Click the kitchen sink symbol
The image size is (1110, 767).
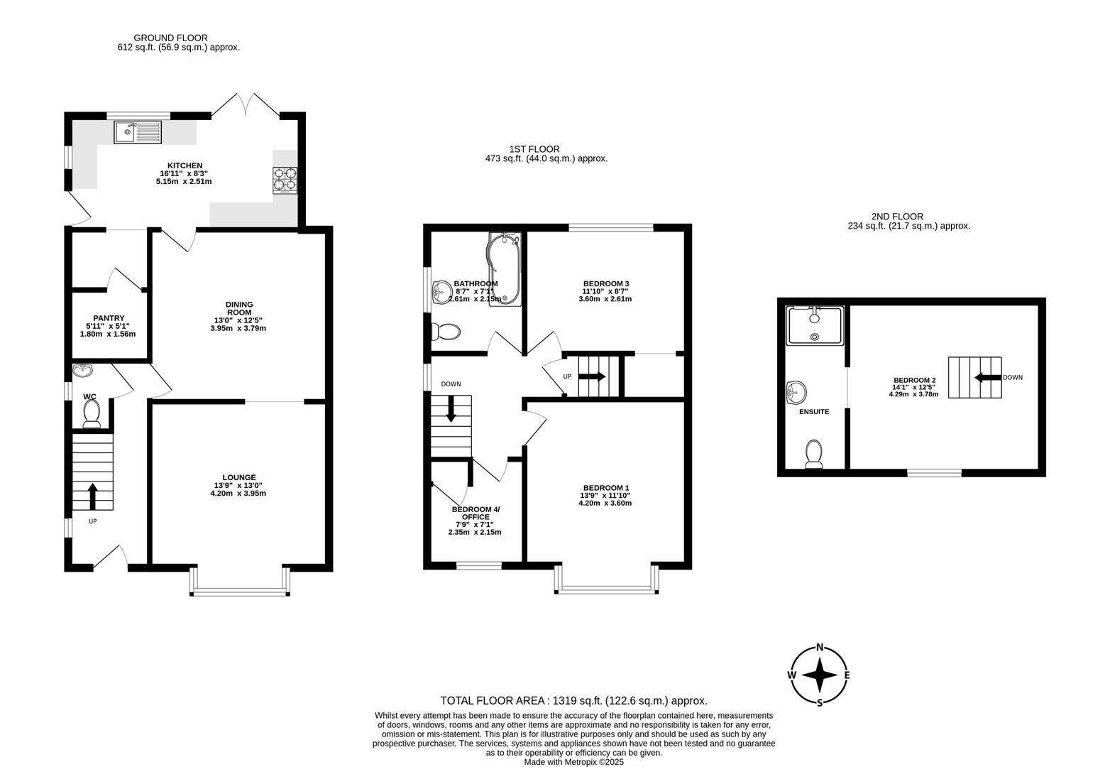pyautogui.click(x=138, y=131)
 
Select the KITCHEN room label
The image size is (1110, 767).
pyautogui.click(x=185, y=165)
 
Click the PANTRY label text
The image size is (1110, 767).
pyautogui.click(x=109, y=318)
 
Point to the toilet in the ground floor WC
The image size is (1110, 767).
pyautogui.click(x=92, y=413)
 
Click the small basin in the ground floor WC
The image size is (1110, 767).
pyautogui.click(x=83, y=370)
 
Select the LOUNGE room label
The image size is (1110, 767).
pyautogui.click(x=238, y=477)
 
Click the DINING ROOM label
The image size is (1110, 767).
pyautogui.click(x=239, y=308)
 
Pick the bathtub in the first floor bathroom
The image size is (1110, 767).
pyautogui.click(x=504, y=268)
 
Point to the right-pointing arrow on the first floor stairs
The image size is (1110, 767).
pyautogui.click(x=592, y=376)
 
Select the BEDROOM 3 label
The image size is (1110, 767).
pyautogui.click(x=605, y=283)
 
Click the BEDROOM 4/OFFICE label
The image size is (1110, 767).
pyautogui.click(x=476, y=513)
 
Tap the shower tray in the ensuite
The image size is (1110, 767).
pyautogui.click(x=815, y=326)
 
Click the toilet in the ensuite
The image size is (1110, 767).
pyautogui.click(x=813, y=454)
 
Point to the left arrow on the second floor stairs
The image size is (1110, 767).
pyautogui.click(x=986, y=378)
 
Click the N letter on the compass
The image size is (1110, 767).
pyautogui.click(x=820, y=647)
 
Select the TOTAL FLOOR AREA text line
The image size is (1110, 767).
pyautogui.click(x=573, y=700)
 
